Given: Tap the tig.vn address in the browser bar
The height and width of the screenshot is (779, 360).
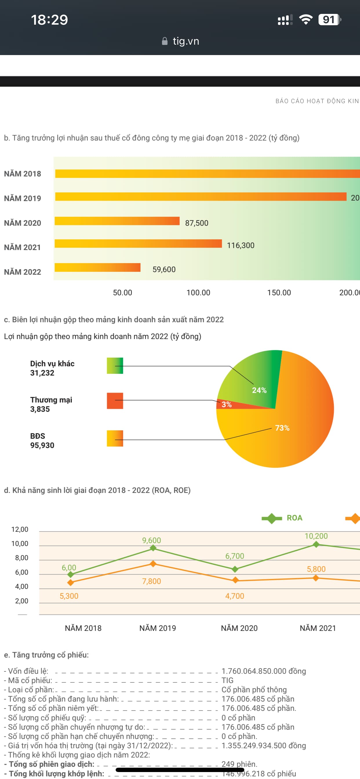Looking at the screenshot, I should coord(186,41).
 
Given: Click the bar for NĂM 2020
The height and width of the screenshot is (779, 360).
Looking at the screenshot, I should coord(117,221).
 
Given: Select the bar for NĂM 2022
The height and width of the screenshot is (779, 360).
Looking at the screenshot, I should coord(97,267).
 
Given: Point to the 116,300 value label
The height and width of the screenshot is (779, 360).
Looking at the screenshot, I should coord(241,245).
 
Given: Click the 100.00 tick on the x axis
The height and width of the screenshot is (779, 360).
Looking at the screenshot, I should coord(198,292).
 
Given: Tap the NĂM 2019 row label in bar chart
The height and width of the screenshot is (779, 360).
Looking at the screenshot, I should coord(22,199).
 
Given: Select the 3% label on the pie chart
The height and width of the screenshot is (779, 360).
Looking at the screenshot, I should coord(227,405).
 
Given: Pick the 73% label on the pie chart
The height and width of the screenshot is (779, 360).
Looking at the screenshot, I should coord(282,428).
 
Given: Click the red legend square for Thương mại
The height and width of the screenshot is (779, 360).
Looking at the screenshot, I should coord(115,401).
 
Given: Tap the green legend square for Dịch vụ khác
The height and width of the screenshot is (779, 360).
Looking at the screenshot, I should coord(115,366).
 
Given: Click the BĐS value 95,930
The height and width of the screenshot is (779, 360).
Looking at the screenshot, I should coord(42,445).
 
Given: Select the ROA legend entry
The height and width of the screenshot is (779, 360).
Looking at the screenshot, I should coord(283,518).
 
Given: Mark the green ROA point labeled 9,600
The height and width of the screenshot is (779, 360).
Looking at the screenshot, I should coord(153,548).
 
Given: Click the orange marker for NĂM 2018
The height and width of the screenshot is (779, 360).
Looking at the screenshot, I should coord(70,583).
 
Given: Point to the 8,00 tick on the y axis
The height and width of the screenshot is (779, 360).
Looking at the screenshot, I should coord(21,558).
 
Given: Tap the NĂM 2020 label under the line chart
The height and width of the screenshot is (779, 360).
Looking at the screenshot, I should coord(239,628).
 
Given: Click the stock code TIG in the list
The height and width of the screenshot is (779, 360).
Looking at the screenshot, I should coord(228,680).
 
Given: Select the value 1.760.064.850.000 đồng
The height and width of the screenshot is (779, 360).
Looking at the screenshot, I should coord(263,671).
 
